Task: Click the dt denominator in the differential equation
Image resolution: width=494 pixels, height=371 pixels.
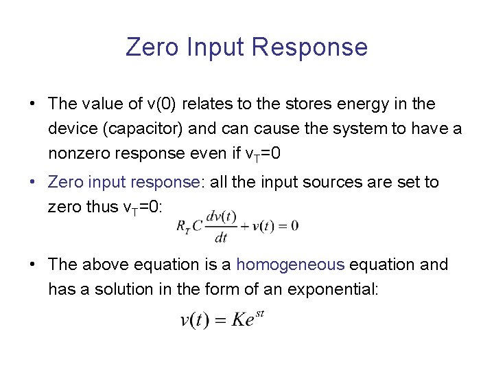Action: (x=220, y=238)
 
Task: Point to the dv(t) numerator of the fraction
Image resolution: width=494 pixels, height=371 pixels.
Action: (x=220, y=215)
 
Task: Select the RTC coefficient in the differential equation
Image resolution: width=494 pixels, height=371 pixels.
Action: (x=190, y=226)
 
